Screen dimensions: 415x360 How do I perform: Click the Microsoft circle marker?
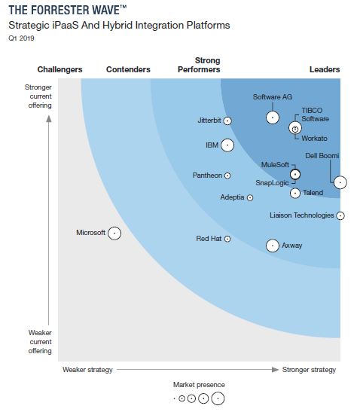click(x=114, y=233)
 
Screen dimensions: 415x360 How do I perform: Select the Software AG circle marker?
click(x=273, y=117)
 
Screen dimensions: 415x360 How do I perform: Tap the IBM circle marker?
click(x=227, y=145)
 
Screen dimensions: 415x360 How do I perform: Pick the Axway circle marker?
click(x=272, y=245)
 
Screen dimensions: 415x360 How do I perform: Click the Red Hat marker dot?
click(x=227, y=239)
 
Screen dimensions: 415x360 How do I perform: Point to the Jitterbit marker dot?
click(x=227, y=121)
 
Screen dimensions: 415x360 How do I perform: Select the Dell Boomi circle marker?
click(x=340, y=182)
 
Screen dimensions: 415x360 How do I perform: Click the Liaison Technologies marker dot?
click(x=340, y=215)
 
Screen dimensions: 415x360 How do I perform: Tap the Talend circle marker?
click(x=295, y=193)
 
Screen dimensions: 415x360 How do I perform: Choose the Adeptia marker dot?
click(x=250, y=197)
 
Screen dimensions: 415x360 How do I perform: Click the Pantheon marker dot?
click(x=227, y=175)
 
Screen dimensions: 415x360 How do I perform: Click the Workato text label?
click(x=314, y=139)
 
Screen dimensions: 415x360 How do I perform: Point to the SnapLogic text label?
click(x=272, y=182)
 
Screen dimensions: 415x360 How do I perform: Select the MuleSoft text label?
click(x=274, y=164)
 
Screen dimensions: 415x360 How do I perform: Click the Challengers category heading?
click(x=59, y=70)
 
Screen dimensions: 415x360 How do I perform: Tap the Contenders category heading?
click(x=128, y=70)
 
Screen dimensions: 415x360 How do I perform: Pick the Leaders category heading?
click(x=325, y=70)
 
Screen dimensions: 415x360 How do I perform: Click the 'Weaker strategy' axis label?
click(x=87, y=370)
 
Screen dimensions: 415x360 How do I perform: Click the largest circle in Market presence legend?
click(x=218, y=398)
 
